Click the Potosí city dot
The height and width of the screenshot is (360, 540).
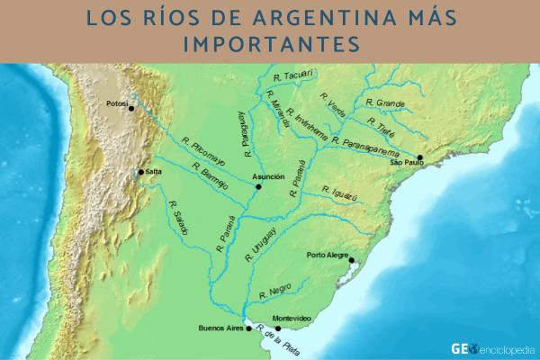[131, 108]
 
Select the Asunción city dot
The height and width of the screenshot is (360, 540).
[259, 187]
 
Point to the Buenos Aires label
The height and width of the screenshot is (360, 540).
[218, 328]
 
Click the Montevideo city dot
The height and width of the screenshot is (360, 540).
[278, 328]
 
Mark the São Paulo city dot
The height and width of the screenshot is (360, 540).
[419, 157]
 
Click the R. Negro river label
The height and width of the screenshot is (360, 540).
[274, 291]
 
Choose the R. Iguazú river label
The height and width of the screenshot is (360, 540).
[339, 192]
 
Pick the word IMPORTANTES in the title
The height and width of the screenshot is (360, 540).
[270, 44]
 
